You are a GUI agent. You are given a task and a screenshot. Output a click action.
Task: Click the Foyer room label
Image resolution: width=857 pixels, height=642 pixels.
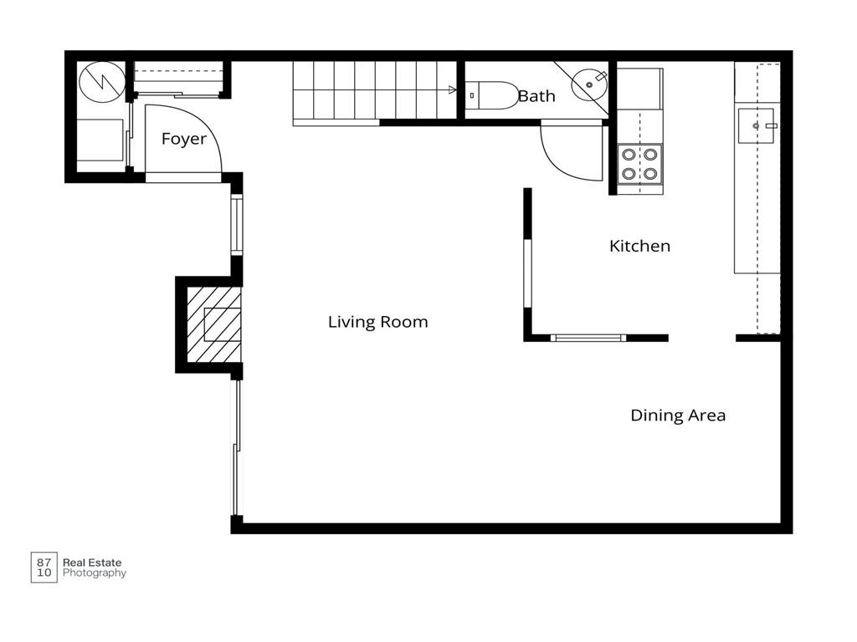tap(184, 139)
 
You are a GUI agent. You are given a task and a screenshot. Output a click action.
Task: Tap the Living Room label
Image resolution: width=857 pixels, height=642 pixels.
tap(377, 322)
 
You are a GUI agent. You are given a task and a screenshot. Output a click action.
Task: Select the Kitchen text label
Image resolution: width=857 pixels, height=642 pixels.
tap(639, 247)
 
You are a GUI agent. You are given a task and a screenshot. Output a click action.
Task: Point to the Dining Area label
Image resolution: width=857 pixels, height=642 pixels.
tap(678, 415)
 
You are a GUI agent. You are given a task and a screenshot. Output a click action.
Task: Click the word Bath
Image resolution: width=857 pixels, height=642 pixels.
tap(536, 96)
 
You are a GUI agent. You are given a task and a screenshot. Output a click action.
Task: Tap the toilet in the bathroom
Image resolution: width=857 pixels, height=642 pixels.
tap(492, 95)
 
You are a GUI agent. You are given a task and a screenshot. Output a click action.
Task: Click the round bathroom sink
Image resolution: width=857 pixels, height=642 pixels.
tap(589, 84)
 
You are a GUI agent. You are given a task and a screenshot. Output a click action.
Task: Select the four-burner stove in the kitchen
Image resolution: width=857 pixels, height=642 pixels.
tap(640, 164)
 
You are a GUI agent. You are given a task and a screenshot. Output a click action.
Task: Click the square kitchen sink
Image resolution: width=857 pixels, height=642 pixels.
tap(757, 126)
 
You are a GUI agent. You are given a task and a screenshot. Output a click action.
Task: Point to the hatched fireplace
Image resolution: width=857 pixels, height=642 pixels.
tap(213, 325)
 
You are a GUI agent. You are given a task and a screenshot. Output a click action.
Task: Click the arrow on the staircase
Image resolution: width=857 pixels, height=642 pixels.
tap(452, 90)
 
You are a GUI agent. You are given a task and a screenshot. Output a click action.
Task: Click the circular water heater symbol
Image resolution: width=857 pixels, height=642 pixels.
tap(102, 82)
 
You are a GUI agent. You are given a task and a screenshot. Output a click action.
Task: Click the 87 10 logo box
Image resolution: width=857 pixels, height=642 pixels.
tap(44, 568)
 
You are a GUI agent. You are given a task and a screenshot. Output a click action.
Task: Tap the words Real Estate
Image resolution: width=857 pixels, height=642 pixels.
tap(92, 563)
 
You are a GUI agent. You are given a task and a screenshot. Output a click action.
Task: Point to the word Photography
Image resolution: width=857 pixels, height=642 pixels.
tap(95, 573)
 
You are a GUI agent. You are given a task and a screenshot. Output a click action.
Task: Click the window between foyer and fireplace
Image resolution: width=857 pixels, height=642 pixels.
tap(237, 225)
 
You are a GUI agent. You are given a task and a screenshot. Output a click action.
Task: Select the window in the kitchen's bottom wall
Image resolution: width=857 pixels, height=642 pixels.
tap(588, 338)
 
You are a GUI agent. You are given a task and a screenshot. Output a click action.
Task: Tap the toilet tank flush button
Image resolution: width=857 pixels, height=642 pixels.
tap(472, 95)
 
